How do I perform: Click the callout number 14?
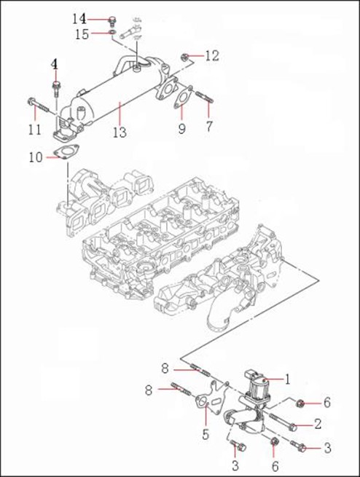point(79,19)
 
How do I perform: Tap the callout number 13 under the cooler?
point(120,132)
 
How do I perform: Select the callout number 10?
point(36,157)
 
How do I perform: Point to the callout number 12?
point(212,55)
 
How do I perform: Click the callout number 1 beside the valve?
point(287,379)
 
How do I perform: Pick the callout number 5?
point(206,435)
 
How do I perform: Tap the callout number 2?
point(318,424)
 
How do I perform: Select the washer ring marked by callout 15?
point(113,32)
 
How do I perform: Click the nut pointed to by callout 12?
point(184,56)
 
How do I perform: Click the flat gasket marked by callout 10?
point(66,152)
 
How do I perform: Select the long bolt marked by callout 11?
point(38,105)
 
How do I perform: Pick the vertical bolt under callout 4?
point(55,88)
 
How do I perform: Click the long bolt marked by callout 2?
point(283,422)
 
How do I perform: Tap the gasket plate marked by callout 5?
point(211,397)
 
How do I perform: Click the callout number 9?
point(181,129)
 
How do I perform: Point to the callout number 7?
point(208,126)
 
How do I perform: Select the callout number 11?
point(35,130)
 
